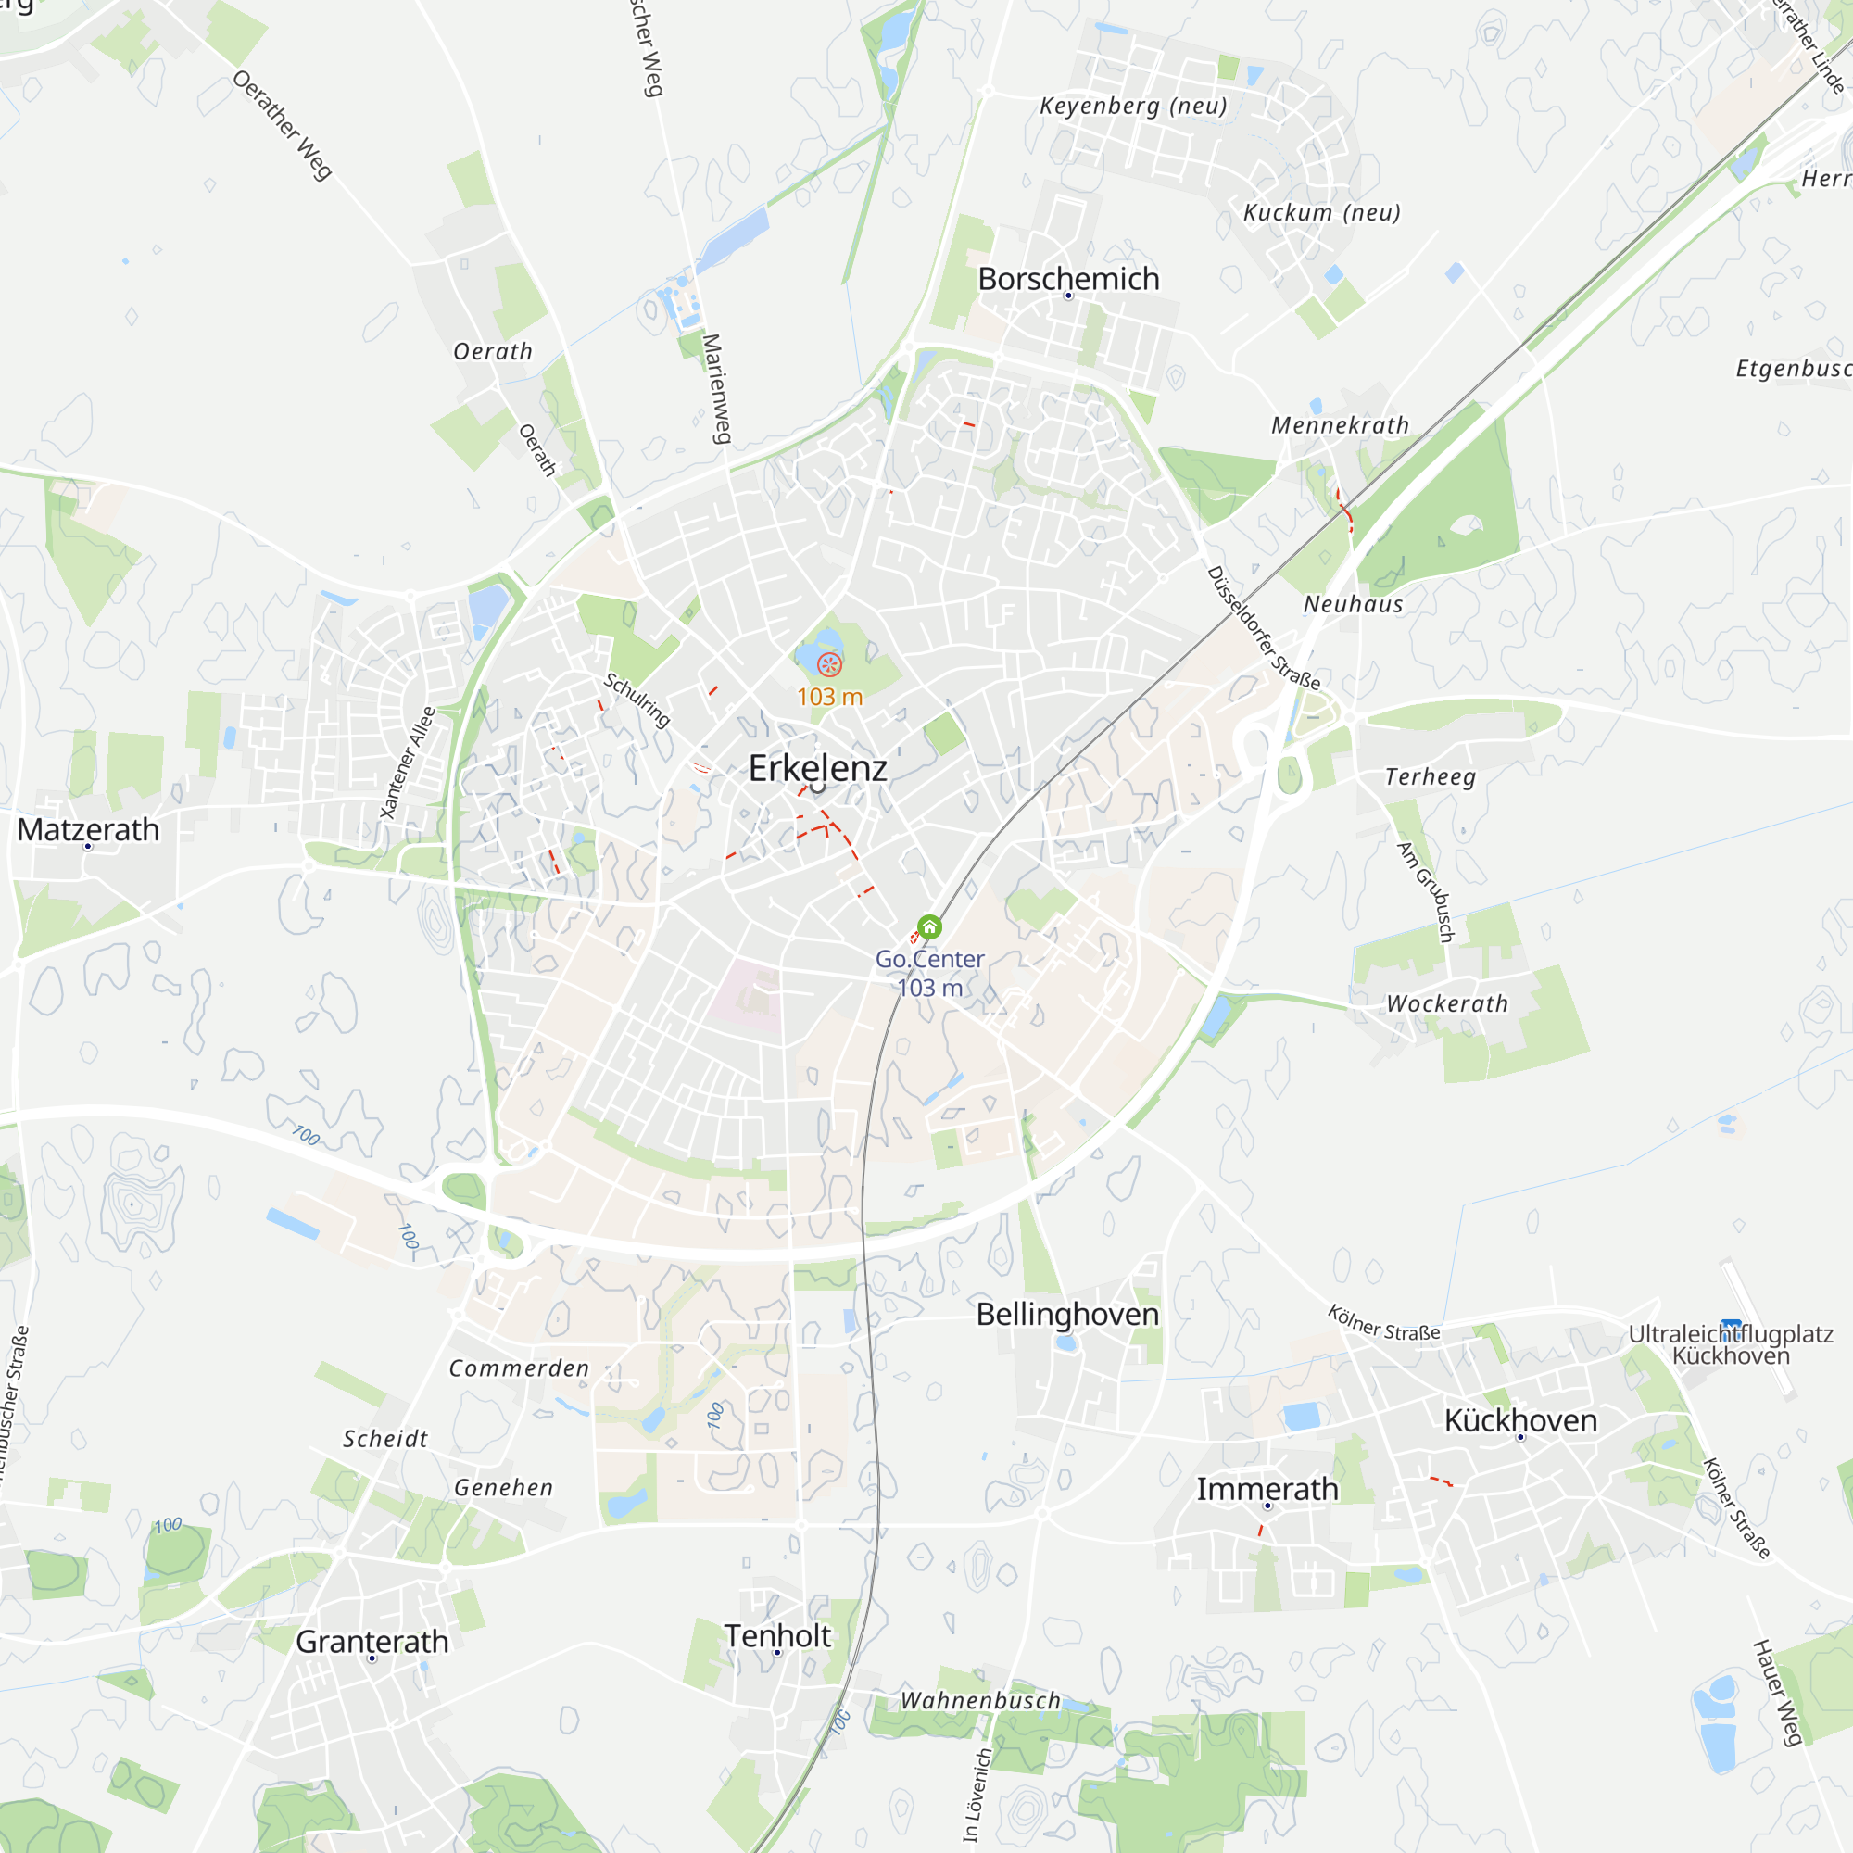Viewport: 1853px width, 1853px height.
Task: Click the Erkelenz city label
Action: coord(817,768)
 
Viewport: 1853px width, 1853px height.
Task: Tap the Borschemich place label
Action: coord(1068,279)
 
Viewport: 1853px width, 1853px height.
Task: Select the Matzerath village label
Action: coord(88,829)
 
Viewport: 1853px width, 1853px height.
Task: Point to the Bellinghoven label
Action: coord(1067,1314)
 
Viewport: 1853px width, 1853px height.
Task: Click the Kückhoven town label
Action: coord(1520,1420)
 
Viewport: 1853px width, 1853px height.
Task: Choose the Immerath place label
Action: coord(1267,1490)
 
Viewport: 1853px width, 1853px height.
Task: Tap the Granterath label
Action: coord(372,1641)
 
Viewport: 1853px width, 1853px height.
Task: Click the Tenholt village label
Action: coord(777,1635)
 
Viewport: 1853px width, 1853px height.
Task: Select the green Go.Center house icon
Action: coord(929,926)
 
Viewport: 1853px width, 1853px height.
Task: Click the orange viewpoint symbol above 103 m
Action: coord(829,663)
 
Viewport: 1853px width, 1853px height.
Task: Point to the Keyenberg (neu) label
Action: coord(1134,106)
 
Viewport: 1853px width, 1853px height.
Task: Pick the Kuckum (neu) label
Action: coord(1322,212)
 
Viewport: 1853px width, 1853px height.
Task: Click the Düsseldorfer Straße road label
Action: coord(1262,628)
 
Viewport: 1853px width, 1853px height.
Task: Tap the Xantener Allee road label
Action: coord(408,763)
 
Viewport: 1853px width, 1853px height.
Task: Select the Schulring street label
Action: coord(637,700)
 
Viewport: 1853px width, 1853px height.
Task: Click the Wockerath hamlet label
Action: coord(1447,1004)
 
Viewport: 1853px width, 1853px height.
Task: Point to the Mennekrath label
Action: coord(1340,425)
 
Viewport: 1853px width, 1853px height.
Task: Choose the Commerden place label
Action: coord(519,1368)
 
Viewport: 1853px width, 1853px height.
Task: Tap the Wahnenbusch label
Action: coord(980,1700)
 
